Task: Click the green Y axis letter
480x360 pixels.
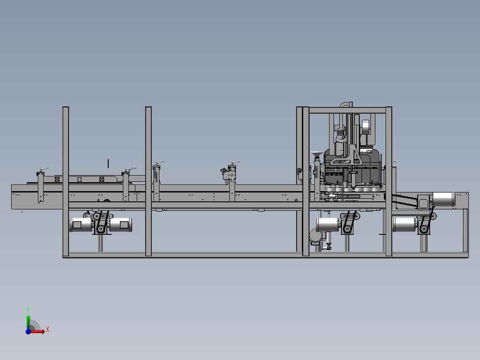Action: click(x=28, y=310)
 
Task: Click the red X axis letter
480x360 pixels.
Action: click(x=48, y=330)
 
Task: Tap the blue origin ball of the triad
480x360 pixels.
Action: click(x=28, y=331)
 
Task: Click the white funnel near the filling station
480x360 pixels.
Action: click(x=317, y=154)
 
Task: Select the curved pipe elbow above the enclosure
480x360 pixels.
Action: click(x=345, y=104)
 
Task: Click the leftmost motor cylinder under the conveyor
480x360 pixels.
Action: click(x=81, y=225)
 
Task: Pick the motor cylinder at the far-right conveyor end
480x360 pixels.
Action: click(x=442, y=199)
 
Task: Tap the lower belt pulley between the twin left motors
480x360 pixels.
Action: click(x=101, y=229)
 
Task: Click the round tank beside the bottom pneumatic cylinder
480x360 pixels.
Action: click(x=315, y=236)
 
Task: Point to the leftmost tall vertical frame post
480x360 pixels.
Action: click(x=65, y=181)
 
